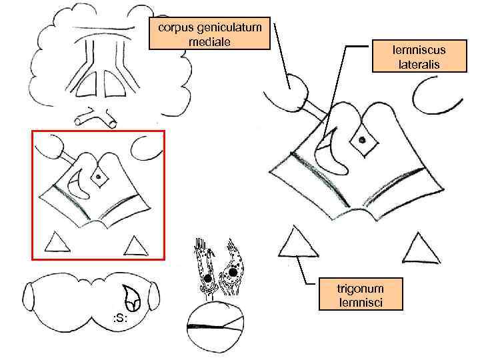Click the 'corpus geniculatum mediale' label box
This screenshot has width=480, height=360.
coord(210,33)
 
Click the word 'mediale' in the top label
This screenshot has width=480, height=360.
coord(210,41)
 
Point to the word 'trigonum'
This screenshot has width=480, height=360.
coord(360,289)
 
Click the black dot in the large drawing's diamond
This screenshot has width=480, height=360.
coord(361,140)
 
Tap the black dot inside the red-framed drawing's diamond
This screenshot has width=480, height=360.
coord(99,176)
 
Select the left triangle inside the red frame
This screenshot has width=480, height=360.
coord(57,243)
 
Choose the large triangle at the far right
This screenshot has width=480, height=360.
coord(421,249)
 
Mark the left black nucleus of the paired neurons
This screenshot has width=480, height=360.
coord(207,277)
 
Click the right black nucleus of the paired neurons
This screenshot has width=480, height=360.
coord(233,272)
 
